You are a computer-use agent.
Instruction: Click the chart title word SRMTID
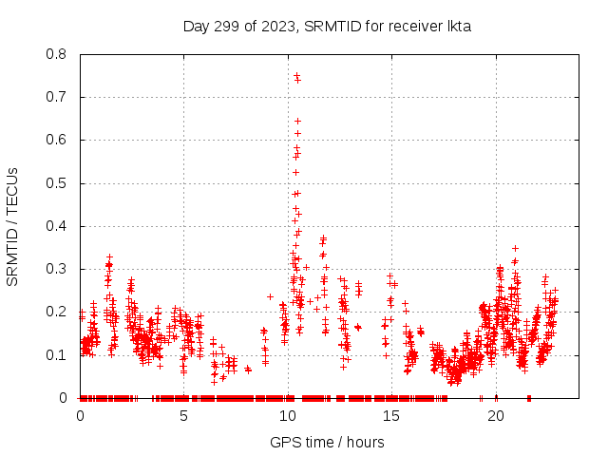(335, 26)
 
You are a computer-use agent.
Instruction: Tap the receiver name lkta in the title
(455, 26)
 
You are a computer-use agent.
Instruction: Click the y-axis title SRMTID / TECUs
(13, 226)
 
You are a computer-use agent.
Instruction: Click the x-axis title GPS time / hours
(327, 442)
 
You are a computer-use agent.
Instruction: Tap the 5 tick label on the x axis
(184, 416)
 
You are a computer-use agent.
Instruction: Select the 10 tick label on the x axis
(288, 416)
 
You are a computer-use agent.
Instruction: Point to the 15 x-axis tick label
(391, 416)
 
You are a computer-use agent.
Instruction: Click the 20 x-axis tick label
(496, 416)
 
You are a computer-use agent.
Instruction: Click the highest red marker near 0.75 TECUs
(296, 75)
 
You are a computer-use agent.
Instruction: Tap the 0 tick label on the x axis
(80, 416)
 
